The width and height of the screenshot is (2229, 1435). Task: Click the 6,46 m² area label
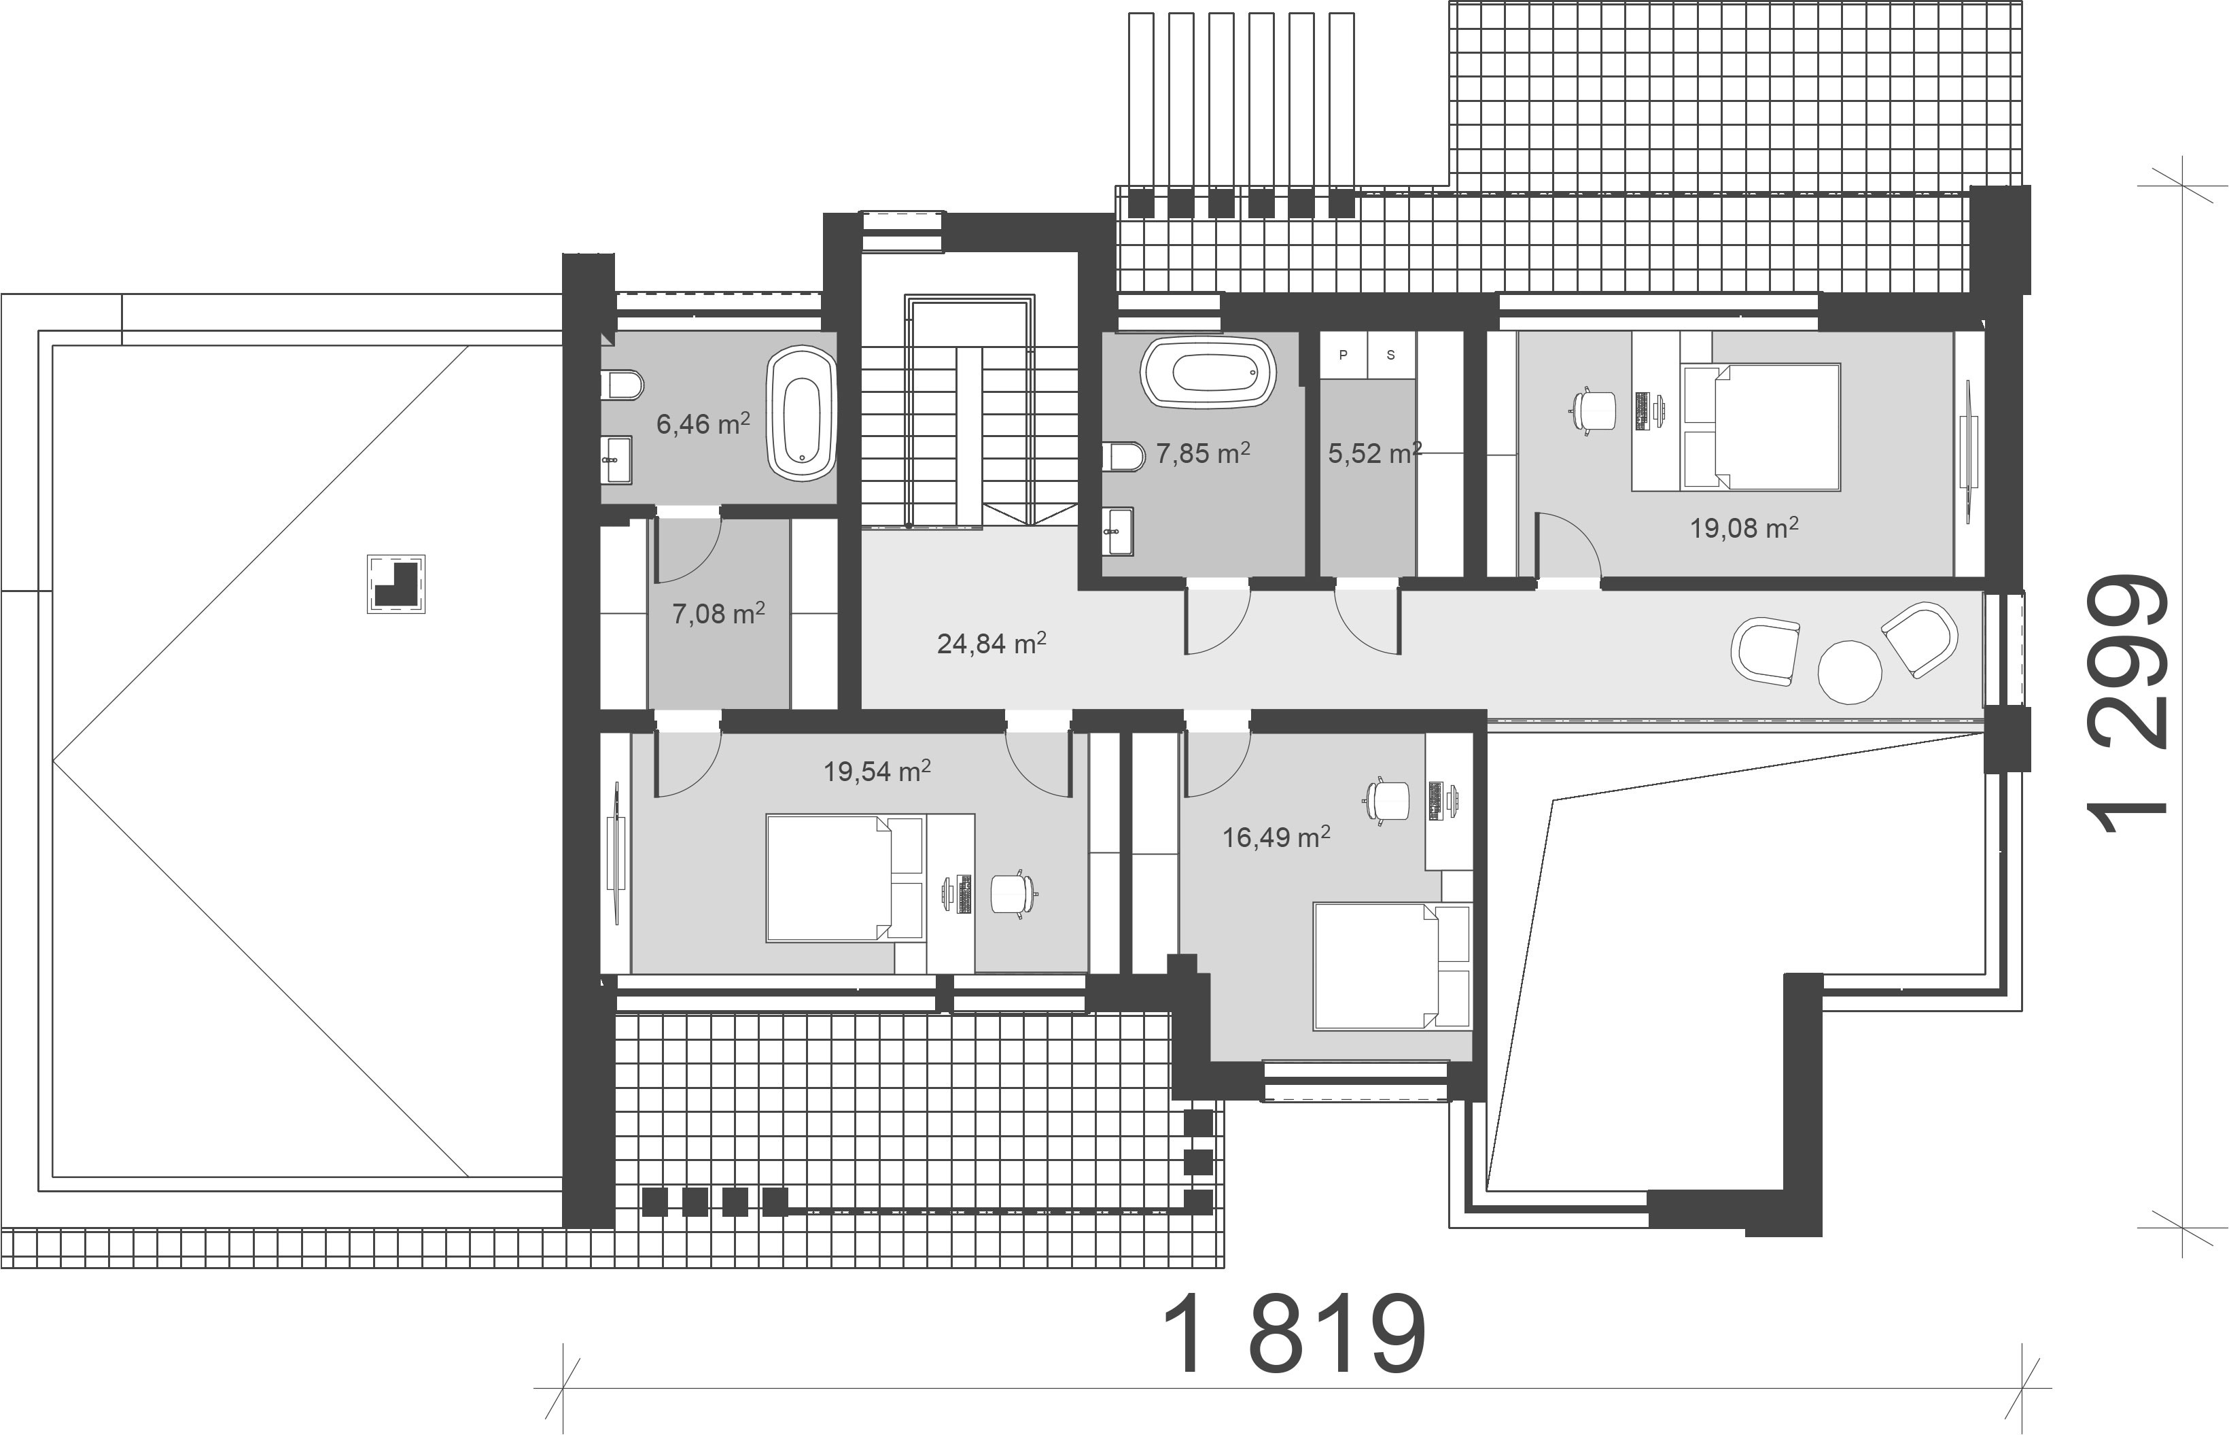point(703,424)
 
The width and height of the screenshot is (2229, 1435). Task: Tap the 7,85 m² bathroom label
point(1203,453)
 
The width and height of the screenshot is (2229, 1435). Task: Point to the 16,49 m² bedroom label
point(1276,837)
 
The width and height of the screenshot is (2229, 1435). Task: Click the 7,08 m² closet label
point(718,613)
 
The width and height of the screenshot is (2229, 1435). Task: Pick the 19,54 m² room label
point(877,771)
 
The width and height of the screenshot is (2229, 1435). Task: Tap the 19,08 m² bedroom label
point(1744,528)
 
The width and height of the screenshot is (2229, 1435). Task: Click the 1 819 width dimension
point(1295,1334)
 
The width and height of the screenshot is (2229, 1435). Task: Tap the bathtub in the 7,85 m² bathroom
point(1209,372)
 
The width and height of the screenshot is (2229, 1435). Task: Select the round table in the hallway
point(1850,671)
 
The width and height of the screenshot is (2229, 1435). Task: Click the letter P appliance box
point(1343,355)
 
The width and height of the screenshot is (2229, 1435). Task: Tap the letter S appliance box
point(1390,355)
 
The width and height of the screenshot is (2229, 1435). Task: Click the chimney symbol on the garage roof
point(397,584)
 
